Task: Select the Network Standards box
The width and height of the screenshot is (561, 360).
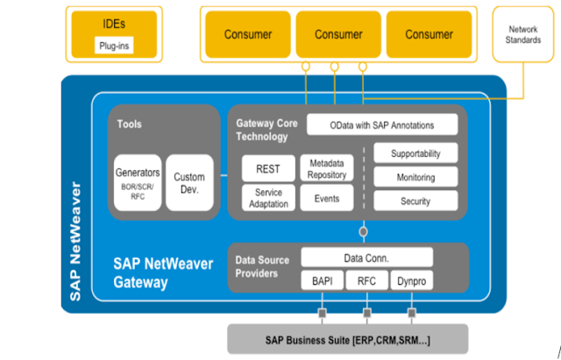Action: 523,35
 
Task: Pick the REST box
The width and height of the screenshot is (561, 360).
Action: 267,168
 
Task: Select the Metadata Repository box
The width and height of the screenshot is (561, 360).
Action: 326,168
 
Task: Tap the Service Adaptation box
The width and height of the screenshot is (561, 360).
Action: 267,198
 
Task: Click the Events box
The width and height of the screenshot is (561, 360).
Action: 326,199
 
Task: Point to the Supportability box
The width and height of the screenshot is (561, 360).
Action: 415,153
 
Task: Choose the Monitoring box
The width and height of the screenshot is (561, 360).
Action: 415,177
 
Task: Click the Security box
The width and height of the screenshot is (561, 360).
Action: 415,201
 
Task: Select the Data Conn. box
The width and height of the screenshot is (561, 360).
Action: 366,258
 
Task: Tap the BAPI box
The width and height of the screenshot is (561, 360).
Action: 321,282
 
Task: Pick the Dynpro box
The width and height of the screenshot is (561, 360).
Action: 410,282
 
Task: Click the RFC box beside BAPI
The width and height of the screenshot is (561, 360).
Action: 366,282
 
